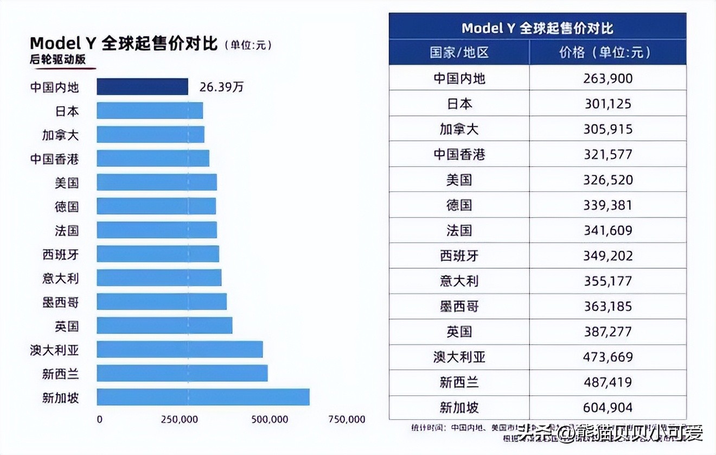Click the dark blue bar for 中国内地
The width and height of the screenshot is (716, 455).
142,87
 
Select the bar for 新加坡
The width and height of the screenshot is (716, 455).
203,397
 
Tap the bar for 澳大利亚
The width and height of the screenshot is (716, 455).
180,349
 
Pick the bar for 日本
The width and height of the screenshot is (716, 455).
150,111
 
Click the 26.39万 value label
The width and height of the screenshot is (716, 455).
221,87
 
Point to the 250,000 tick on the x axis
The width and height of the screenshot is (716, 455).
180,419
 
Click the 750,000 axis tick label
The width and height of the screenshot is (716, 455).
347,419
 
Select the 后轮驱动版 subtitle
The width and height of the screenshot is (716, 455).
57,60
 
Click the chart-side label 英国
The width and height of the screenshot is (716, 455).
66,326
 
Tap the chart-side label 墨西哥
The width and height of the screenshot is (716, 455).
60,302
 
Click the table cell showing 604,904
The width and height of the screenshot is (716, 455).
608,407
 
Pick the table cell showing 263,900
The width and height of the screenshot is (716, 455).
608,78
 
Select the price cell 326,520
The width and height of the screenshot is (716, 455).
608,180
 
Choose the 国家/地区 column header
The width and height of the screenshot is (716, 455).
459,52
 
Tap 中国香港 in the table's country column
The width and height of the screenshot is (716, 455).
459,154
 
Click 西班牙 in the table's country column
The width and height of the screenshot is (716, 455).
459,255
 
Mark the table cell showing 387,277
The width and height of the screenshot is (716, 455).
608,331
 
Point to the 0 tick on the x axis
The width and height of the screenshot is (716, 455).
99,419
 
